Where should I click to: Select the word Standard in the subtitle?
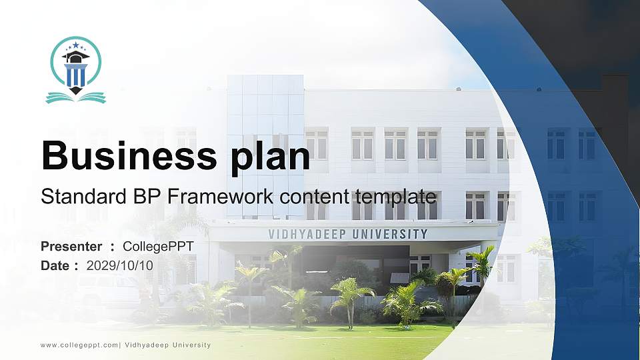pyautogui.click(x=77, y=197)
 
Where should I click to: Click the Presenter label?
pyautogui.click(x=71, y=247)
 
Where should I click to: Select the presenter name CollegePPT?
pyautogui.click(x=158, y=247)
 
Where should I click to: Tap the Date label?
pyautogui.click(x=55, y=265)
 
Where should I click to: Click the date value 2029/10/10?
pyautogui.click(x=119, y=265)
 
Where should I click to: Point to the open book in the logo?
pyautogui.click(x=75, y=97)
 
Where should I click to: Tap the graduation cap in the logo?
pyautogui.click(x=75, y=57)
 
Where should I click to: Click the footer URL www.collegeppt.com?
pyautogui.click(x=79, y=345)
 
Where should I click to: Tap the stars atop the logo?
pyautogui.click(x=75, y=45)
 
